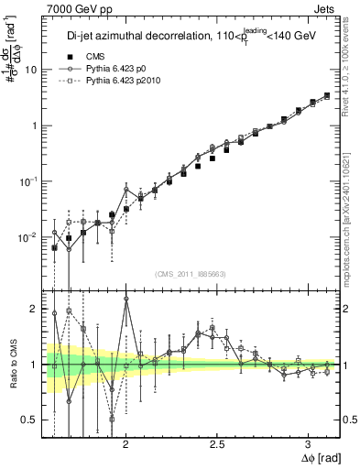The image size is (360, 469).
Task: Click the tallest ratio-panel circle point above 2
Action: pyautogui.click(x=125, y=299)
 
